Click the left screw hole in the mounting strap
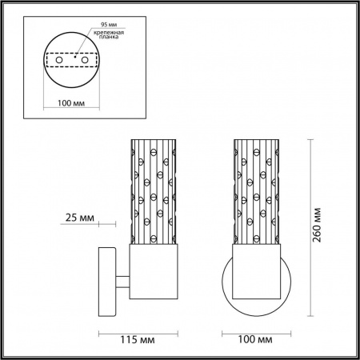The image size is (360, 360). (x=58, y=60)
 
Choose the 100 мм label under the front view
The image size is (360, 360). (x=256, y=340)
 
